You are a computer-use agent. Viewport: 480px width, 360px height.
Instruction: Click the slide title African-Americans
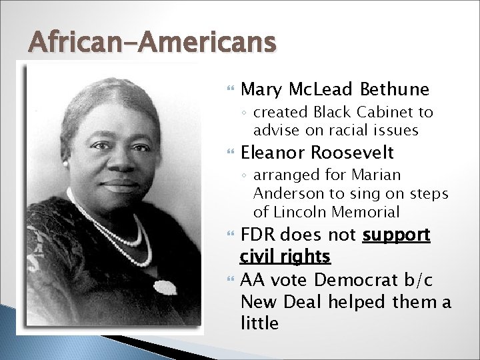click(x=152, y=43)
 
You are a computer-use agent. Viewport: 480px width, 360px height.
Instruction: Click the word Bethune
click(x=394, y=89)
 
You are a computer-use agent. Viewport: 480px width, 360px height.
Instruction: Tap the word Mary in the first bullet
click(x=261, y=89)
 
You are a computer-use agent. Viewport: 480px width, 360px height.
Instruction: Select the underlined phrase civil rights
click(x=285, y=256)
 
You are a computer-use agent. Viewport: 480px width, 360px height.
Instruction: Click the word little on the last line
click(x=259, y=324)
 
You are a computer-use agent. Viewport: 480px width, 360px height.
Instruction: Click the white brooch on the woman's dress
click(x=165, y=287)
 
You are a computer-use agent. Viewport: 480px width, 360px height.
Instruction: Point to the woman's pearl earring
click(x=65, y=163)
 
